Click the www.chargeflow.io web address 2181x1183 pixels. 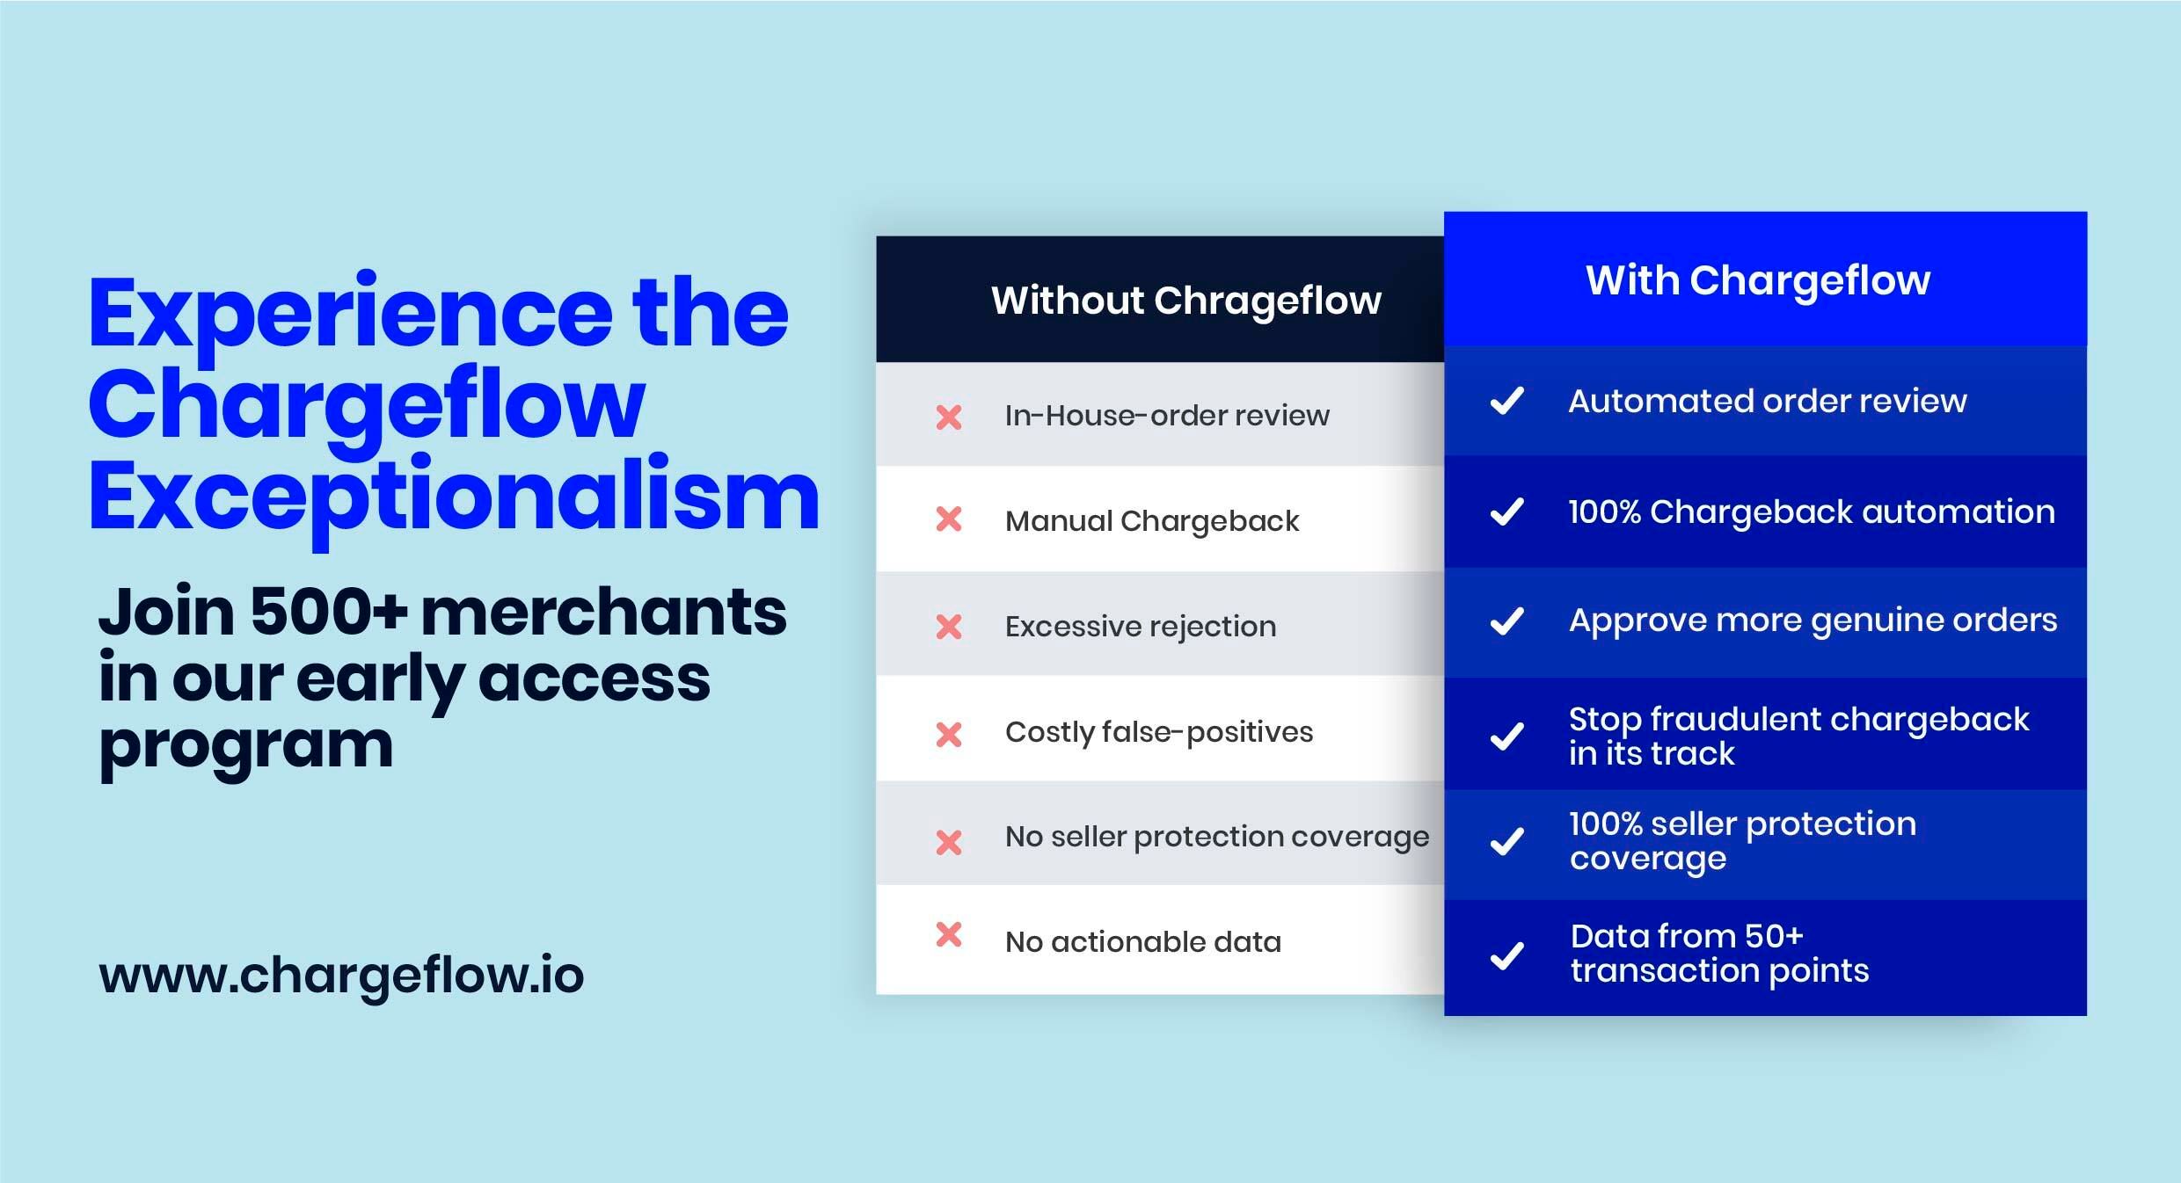341,976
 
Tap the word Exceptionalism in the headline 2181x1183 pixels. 454,498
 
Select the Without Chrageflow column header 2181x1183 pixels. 1186,301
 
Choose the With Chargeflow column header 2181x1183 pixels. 1758,281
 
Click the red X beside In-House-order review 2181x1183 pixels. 949,417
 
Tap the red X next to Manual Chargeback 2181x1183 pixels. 949,519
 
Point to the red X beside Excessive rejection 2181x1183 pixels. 949,627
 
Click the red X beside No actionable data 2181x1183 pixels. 949,934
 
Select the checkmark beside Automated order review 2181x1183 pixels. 1507,401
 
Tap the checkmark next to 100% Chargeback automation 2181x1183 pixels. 1507,511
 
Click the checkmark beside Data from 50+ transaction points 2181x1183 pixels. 1507,955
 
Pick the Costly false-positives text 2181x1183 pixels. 1159,732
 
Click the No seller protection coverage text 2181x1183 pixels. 1217,838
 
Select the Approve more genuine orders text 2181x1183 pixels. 1813,621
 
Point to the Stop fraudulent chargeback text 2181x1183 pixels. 1799,720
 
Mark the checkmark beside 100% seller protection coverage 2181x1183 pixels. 1507,841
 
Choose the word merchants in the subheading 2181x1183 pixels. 603,612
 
